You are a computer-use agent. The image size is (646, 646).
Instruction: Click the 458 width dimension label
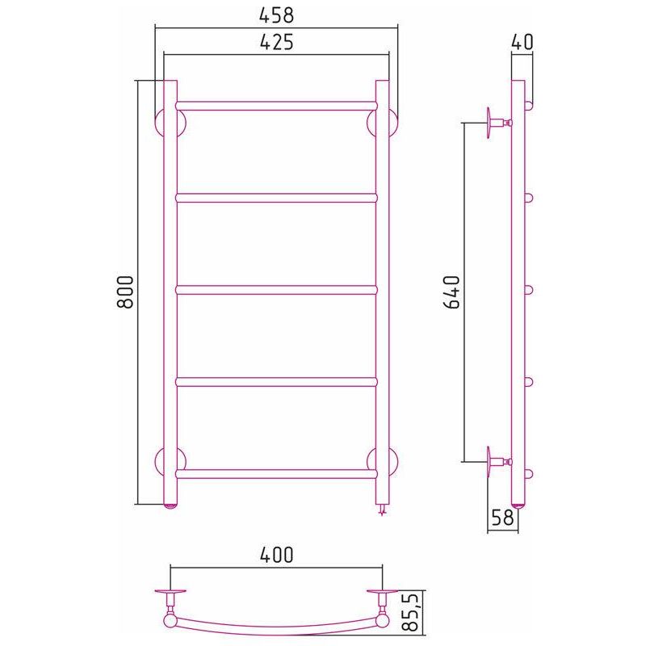[276, 15]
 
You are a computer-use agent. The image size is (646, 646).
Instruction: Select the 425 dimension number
[276, 42]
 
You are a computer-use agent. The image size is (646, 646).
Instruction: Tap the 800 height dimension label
[125, 292]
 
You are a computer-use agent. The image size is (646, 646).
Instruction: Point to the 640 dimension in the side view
[451, 292]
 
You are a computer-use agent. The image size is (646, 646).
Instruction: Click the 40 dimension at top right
[522, 42]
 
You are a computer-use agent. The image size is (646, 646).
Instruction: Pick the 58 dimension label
[502, 518]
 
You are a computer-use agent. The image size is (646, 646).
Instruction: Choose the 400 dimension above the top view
[276, 555]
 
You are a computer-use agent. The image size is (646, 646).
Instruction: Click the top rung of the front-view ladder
[276, 106]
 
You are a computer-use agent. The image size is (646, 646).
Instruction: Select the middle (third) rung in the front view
[276, 290]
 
